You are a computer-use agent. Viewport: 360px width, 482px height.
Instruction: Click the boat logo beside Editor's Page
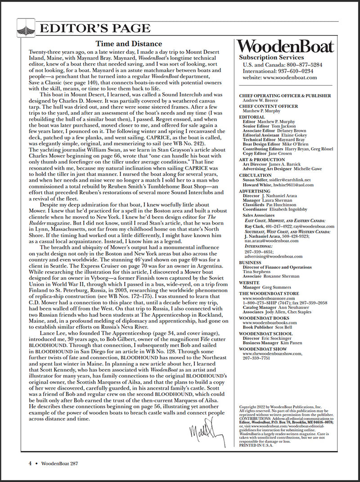click(26, 28)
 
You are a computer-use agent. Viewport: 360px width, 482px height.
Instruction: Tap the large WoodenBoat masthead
click(286, 46)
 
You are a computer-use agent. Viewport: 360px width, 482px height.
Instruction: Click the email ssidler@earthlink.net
click(293, 180)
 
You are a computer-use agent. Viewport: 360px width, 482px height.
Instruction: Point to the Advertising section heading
click(255, 191)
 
